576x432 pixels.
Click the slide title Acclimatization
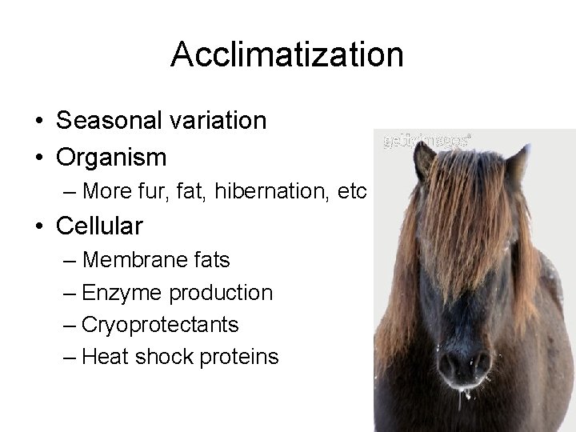(x=287, y=55)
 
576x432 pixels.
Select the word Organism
(x=111, y=156)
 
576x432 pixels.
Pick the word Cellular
(x=99, y=226)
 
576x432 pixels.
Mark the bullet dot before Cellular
(x=39, y=226)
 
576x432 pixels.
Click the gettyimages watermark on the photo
(x=426, y=138)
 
